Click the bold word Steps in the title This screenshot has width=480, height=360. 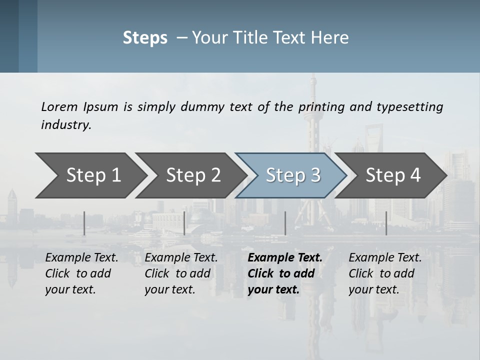[145, 38]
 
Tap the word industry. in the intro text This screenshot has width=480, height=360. [66, 124]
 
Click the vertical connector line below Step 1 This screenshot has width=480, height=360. [84, 223]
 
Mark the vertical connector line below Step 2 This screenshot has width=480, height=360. [184, 223]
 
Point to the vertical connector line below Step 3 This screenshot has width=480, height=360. [285, 223]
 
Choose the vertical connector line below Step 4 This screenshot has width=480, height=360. [386, 223]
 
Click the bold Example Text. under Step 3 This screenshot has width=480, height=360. [285, 258]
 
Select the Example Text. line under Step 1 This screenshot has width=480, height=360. [81, 258]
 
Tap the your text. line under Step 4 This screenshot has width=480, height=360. [373, 289]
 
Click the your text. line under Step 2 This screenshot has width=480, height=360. [169, 289]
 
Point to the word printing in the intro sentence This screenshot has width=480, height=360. [317, 106]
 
